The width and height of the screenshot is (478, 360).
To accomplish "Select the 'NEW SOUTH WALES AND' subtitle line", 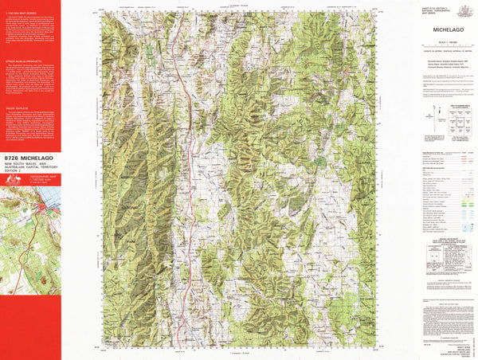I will click(29, 164).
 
